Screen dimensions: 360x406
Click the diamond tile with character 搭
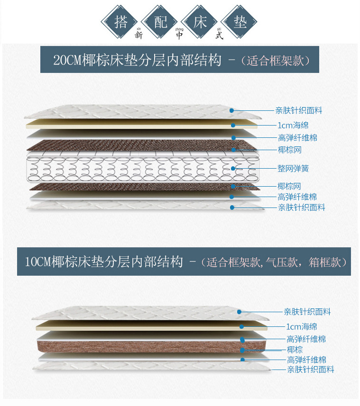pos(120,21)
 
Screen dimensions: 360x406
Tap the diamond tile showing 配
pos(160,21)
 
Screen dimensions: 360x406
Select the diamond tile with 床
pos(200,21)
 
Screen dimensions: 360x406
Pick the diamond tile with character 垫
pos(240,21)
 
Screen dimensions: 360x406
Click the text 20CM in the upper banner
pos(67,61)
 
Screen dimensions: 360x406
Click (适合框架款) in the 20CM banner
pos(275,61)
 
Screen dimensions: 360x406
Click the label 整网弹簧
pos(293,168)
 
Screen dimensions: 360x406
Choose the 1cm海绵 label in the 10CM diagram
pos(302,326)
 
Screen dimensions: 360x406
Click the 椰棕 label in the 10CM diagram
pos(295,350)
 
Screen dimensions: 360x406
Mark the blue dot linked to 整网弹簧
pos(232,168)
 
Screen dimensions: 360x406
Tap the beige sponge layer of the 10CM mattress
pos(142,326)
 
